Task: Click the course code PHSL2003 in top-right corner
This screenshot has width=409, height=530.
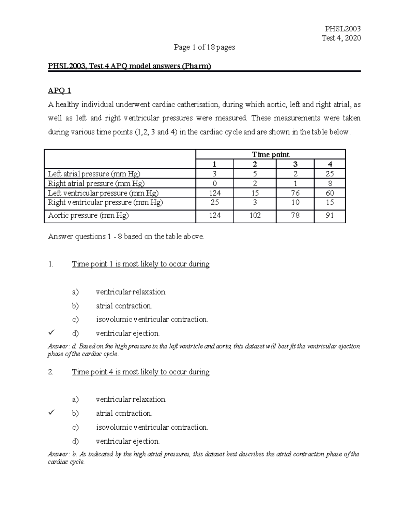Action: (343, 29)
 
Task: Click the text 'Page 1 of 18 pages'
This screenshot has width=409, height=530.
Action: (204, 47)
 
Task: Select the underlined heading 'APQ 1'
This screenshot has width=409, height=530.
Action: (59, 90)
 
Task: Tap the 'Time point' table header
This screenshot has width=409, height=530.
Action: (271, 155)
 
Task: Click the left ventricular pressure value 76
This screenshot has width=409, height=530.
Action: (295, 193)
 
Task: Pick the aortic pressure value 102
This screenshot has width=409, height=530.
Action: (255, 216)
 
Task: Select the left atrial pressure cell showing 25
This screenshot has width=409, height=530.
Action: (330, 174)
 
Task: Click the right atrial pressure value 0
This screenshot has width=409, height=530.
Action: (215, 183)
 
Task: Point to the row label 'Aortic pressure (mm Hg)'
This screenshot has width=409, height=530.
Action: (88, 216)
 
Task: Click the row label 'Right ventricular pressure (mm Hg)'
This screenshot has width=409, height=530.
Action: (105, 202)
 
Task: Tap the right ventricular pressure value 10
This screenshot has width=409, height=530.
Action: (295, 202)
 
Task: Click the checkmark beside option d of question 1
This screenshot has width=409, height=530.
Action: (51, 332)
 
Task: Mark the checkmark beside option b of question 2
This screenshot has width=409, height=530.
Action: (51, 413)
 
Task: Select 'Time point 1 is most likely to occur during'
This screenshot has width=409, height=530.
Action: (140, 264)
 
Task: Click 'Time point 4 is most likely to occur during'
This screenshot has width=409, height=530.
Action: (140, 372)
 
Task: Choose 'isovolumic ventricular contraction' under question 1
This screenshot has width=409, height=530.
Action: (152, 319)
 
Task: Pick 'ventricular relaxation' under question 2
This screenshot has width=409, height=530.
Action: (131, 399)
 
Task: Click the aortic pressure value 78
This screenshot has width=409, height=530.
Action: (295, 216)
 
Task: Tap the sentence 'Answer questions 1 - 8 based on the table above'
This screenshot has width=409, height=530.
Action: (126, 237)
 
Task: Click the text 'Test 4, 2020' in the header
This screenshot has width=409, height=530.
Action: (341, 38)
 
